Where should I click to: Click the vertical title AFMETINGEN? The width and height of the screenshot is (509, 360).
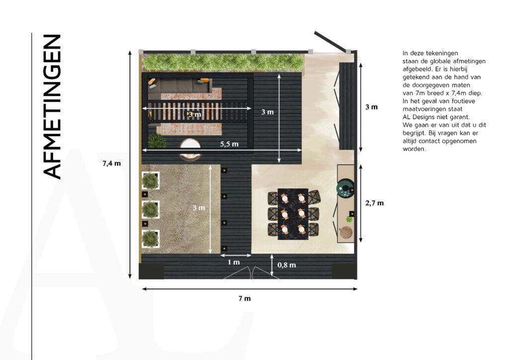52,106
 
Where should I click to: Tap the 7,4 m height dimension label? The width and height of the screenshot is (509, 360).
112,164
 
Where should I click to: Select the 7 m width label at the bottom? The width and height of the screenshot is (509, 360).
245,298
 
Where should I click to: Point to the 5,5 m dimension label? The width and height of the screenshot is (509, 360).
229,144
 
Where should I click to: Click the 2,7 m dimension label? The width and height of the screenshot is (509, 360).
375,203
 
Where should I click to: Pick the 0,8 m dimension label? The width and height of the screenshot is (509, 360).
287,265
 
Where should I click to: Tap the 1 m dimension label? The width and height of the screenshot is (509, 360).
234,262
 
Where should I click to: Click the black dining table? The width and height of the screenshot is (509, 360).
293,214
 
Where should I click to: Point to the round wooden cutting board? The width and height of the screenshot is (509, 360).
346,232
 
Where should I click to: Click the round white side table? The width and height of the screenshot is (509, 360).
190,149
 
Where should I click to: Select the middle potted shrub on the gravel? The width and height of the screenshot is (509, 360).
151,209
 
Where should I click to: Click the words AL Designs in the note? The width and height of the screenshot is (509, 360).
419,117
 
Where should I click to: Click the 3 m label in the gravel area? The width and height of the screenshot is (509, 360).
199,208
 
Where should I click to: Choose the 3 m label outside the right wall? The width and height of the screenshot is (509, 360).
371,107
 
